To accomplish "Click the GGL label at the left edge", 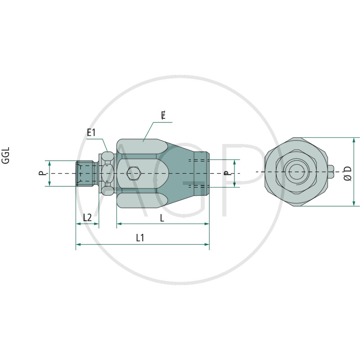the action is (5, 155).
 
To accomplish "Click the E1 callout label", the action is (91, 132).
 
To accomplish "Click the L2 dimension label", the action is (87, 217).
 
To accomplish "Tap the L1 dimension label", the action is (140, 238).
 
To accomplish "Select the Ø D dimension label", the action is (347, 173).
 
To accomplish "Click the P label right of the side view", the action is (227, 173).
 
